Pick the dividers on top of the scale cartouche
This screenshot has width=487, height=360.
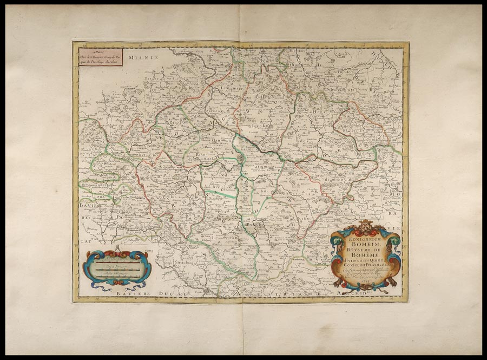tap(115, 250)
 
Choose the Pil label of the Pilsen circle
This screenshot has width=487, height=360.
tap(167, 175)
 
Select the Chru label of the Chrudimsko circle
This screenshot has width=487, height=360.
tap(318, 175)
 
